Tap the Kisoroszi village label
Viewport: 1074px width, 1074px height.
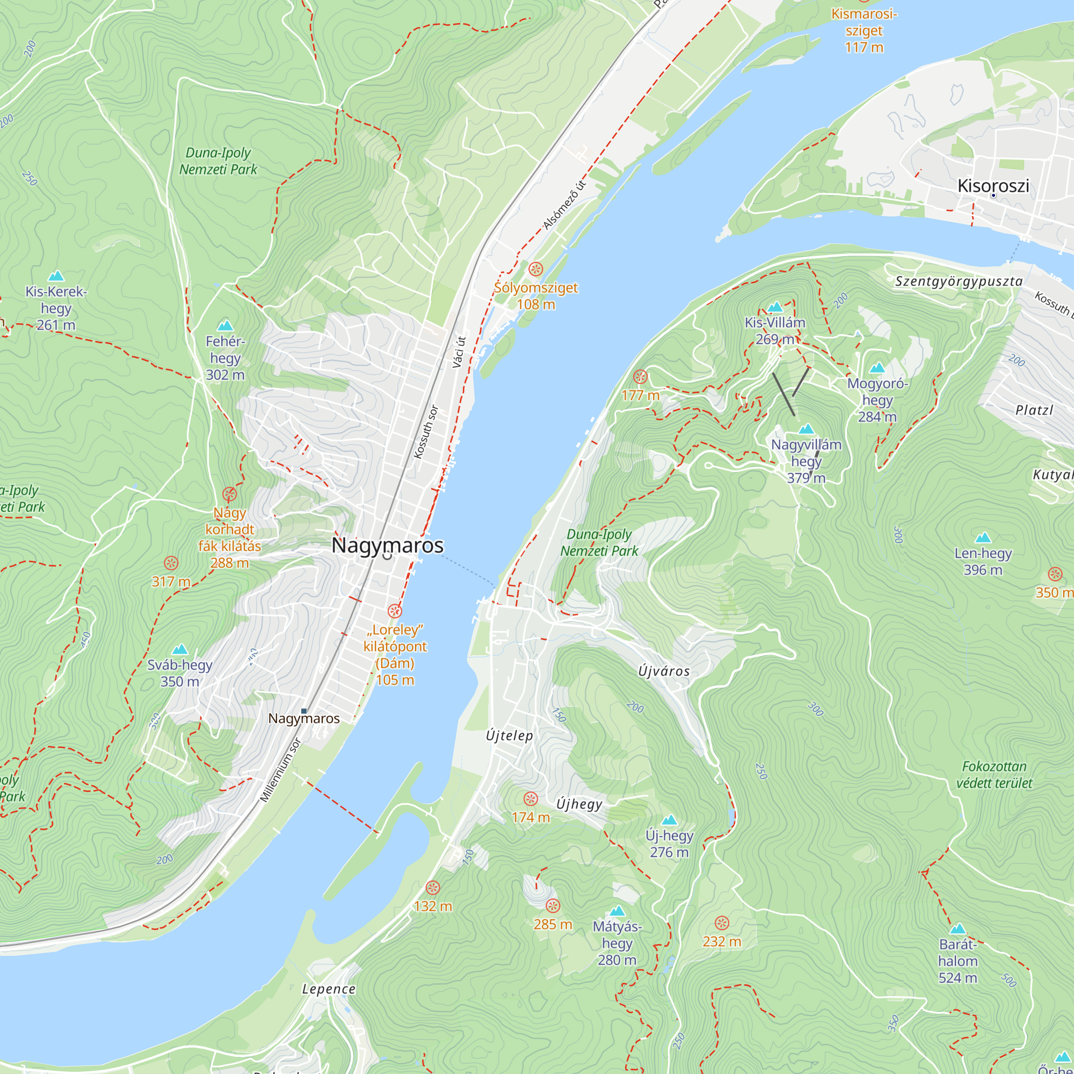click(x=993, y=186)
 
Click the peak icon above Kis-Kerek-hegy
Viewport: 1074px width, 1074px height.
click(x=56, y=276)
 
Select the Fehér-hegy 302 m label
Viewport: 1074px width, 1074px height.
click(x=224, y=358)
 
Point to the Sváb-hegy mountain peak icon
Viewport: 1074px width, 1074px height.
click(x=179, y=650)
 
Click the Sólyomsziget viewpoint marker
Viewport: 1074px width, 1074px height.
click(x=535, y=270)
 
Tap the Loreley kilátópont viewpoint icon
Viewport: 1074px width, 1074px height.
click(x=395, y=612)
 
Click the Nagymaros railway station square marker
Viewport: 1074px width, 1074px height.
click(x=304, y=711)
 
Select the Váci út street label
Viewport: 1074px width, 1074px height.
click(x=459, y=352)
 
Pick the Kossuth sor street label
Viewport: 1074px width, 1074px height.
click(x=426, y=432)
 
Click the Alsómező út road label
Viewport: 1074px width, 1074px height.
click(x=564, y=205)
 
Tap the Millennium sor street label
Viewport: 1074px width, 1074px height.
click(x=281, y=770)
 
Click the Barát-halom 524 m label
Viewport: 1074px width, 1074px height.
click(x=957, y=961)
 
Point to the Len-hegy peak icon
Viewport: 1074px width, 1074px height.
click(x=983, y=538)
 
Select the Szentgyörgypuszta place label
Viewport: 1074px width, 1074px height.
click(x=959, y=281)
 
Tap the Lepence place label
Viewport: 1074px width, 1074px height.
click(x=329, y=989)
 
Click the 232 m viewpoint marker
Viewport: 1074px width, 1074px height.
click(x=722, y=923)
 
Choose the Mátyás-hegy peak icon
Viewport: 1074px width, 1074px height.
click(x=617, y=911)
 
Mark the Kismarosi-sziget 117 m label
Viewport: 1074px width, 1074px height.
click(x=864, y=31)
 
